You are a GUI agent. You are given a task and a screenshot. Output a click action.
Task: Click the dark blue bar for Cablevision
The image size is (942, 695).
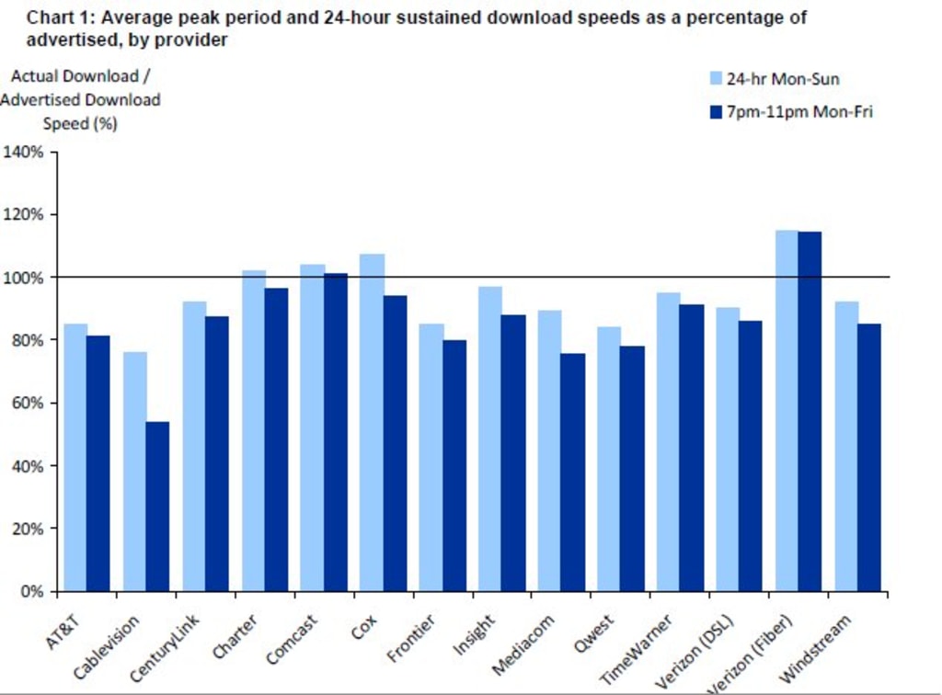pos(157,506)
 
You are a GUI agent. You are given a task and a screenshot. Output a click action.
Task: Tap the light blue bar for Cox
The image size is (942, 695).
pos(372,422)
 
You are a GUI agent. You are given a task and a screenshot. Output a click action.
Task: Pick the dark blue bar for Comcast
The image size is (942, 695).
pos(336,432)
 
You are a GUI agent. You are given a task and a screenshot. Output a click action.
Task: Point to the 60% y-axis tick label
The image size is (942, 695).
pos(28,403)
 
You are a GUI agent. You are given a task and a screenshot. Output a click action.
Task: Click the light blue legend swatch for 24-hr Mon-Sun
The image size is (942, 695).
pos(715,78)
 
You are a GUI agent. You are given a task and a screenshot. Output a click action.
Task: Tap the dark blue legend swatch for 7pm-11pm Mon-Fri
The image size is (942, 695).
pos(715,111)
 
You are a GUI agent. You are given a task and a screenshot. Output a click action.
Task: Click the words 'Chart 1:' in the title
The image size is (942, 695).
pos(58,17)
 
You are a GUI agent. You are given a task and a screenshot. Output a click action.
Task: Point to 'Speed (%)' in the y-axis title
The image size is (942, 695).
pos(80,123)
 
